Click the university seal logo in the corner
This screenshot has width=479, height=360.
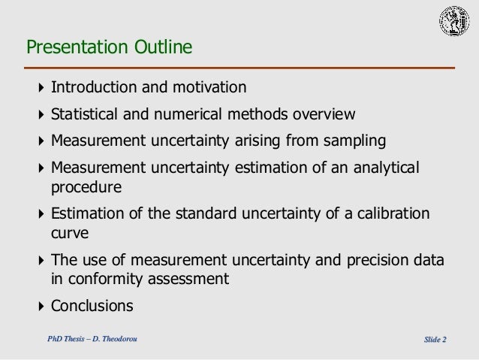[454, 23]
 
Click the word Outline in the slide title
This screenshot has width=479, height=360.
[163, 49]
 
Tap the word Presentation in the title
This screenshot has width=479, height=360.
[78, 49]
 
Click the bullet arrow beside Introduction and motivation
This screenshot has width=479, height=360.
[41, 89]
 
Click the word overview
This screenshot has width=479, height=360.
[323, 115]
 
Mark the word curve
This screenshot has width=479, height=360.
[69, 233]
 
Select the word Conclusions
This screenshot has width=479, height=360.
[92, 306]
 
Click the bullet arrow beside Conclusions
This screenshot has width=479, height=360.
[41, 306]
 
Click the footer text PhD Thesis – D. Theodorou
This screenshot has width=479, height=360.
[92, 340]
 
